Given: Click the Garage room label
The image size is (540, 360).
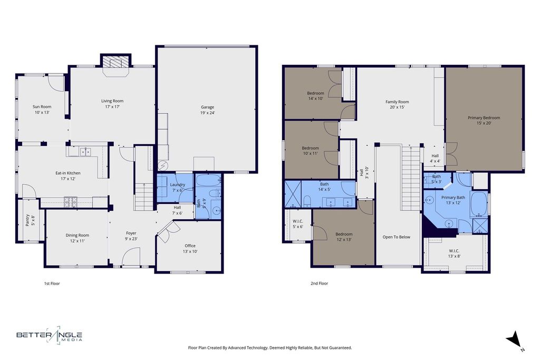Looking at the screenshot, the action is pos(207,107).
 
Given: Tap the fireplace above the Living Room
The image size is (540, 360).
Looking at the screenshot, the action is pos(115,63).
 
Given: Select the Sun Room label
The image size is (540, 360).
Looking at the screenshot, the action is pos(42,106).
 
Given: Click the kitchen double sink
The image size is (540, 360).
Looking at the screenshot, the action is pos(85,151).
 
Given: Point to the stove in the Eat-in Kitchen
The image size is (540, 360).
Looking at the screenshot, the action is pos(71,202).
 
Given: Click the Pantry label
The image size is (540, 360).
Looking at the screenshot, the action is pos(27,220).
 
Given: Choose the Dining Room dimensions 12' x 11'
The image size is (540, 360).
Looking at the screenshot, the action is pos(78,241).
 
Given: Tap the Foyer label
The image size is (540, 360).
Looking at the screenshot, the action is pos(131,233).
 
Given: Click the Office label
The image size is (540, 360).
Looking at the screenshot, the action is pos(190,246).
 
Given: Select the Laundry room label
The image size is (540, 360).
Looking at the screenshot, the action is pos(178,184).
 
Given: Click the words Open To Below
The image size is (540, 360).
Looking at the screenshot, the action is pos(397,237).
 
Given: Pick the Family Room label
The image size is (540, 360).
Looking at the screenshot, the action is pos(397,102).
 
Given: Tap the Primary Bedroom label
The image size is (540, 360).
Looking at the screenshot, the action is pos(484,118).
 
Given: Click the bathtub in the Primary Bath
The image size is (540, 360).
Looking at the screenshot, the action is pos(479,204).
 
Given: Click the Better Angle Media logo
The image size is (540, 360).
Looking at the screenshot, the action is pos(50,335).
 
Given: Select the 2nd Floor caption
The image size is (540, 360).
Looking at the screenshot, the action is pos(319,283).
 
